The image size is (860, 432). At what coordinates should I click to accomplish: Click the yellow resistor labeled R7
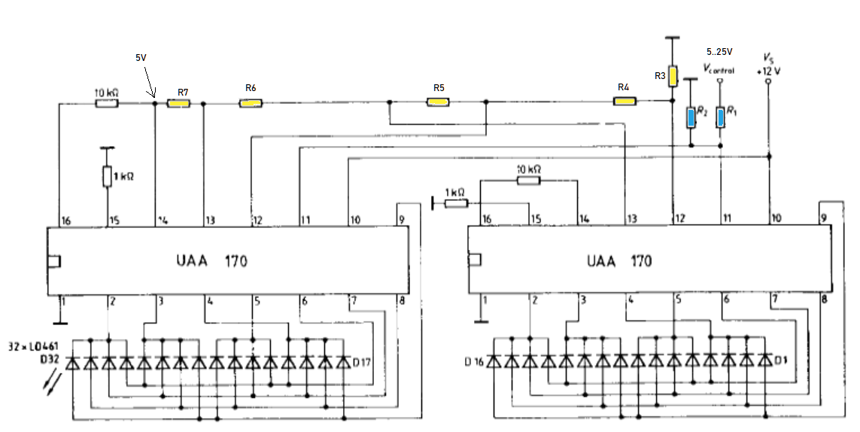click(x=178, y=103)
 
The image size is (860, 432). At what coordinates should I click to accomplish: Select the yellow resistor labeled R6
click(x=251, y=103)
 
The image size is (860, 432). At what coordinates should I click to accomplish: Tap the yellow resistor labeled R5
click(x=438, y=102)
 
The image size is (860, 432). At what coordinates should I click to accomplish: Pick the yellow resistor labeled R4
click(x=624, y=101)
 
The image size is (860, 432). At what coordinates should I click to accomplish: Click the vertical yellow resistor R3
click(x=673, y=76)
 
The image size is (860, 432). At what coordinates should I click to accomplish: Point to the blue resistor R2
click(x=691, y=117)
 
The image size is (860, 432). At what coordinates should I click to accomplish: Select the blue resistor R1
click(x=720, y=117)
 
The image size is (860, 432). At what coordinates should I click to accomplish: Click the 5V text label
click(x=141, y=57)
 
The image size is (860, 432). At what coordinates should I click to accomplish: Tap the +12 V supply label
click(x=768, y=71)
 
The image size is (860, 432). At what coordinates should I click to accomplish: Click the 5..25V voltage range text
click(x=719, y=52)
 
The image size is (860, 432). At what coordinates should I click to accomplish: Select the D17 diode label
click(x=361, y=362)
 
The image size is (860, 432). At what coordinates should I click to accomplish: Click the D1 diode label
click(x=780, y=361)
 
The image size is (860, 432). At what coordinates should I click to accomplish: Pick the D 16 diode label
click(x=475, y=362)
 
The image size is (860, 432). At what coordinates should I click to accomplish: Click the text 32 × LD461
click(x=33, y=346)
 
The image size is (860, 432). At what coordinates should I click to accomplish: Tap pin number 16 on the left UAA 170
click(x=66, y=221)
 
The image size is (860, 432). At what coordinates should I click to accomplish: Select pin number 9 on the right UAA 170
click(x=823, y=218)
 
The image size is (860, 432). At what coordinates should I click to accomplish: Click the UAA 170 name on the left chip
click(x=211, y=260)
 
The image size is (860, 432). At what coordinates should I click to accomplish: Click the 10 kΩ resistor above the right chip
click(x=528, y=179)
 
